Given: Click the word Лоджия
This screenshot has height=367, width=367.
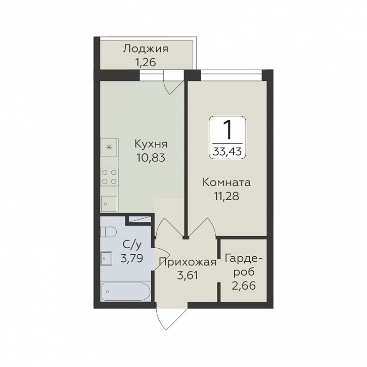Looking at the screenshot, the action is [x=146, y=50].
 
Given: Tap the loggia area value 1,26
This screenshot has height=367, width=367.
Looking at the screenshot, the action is [x=145, y=63].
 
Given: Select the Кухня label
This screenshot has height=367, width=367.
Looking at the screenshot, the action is [x=151, y=144].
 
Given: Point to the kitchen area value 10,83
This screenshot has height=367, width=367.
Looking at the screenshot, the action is [x=151, y=158].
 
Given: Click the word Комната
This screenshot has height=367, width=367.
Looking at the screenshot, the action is [x=226, y=182].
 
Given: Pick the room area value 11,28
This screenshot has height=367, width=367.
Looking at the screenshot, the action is [x=226, y=196].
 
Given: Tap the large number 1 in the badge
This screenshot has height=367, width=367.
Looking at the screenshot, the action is [x=227, y=130].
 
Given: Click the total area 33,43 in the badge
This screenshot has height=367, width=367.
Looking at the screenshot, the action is [x=227, y=152].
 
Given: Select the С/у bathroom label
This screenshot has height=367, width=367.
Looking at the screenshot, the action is [x=132, y=245].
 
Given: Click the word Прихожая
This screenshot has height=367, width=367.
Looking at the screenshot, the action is [x=188, y=262].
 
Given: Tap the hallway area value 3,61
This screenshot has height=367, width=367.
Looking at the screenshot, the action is [x=188, y=276].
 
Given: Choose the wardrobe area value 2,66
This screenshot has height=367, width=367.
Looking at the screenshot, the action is [x=244, y=286].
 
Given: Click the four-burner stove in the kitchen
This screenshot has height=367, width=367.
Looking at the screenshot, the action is [x=109, y=177].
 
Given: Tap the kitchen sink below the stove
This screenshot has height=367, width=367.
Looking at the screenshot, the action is [x=109, y=204].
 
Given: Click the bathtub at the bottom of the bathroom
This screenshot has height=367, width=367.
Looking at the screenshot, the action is [x=126, y=291].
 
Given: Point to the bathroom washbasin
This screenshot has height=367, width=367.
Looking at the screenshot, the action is [x=106, y=259].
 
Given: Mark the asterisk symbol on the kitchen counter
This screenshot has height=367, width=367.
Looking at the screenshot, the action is [x=109, y=148].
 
